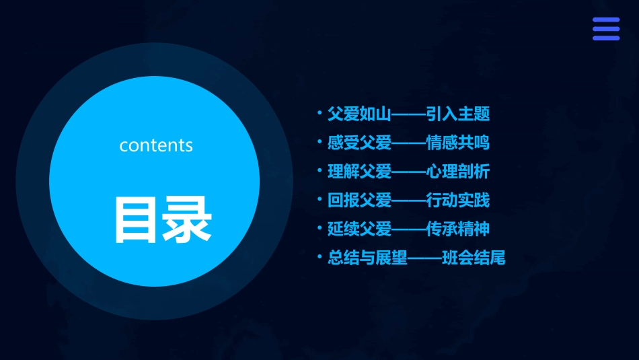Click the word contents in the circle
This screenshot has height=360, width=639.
click(x=156, y=145)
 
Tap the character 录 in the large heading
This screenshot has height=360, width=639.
click(x=186, y=219)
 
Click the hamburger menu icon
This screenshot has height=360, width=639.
click(x=605, y=29)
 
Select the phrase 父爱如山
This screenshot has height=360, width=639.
click(x=359, y=114)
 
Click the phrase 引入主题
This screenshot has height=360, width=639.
click(x=458, y=114)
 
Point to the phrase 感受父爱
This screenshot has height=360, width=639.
click(x=359, y=143)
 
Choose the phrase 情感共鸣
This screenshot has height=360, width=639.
click(x=458, y=143)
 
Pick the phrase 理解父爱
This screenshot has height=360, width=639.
click(x=359, y=172)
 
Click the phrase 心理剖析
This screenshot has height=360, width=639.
click(x=458, y=172)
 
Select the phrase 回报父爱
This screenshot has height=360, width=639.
click(x=359, y=200)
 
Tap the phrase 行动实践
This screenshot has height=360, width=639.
click(x=458, y=200)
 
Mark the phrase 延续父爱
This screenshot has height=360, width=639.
click(x=359, y=229)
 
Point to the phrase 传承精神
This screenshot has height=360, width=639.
click(x=458, y=229)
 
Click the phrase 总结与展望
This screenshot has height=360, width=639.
click(x=367, y=258)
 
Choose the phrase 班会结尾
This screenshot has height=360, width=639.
click(x=474, y=258)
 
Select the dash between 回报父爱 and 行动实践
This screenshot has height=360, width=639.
click(x=409, y=201)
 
